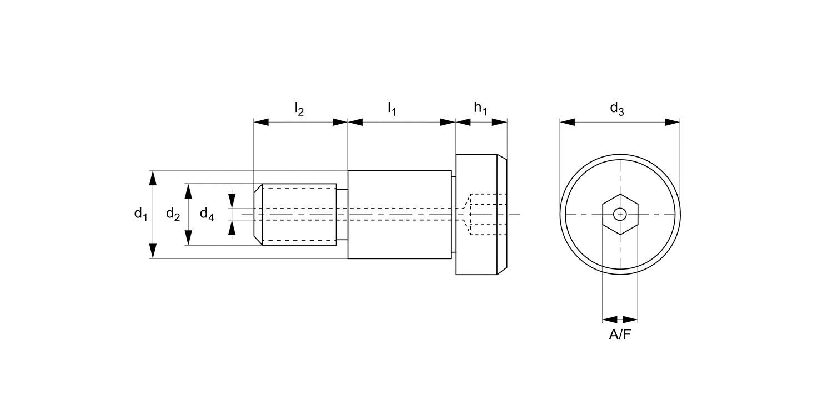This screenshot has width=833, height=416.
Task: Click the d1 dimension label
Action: coord(141,214)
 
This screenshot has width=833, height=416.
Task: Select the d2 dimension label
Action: coord(173,214)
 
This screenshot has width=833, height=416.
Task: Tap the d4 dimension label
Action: coord(207,214)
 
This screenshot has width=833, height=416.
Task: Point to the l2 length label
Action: coord(299,109)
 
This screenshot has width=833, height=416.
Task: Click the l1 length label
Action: coord(392,109)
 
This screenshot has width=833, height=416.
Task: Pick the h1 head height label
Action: coord(480,109)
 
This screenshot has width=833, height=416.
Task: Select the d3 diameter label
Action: coord(617,109)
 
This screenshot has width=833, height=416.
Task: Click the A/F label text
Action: coord(620,334)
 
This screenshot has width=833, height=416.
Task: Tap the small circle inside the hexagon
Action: coord(620,214)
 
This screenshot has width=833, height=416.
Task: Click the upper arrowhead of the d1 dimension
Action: coord(153,177)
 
